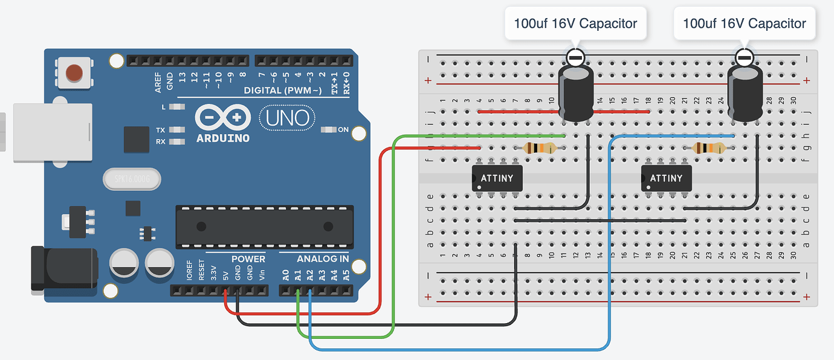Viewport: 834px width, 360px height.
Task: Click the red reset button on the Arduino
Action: point(74,72)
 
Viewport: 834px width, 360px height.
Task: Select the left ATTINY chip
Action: point(496,178)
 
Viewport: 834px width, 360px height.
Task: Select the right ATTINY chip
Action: point(666,178)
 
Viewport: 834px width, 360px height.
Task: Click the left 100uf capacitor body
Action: point(575,94)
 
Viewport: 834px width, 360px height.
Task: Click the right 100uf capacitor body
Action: point(745,94)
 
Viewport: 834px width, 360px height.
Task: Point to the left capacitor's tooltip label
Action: point(575,24)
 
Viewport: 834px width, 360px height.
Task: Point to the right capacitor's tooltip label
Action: point(744,24)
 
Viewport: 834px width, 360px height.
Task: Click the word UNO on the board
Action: point(288,118)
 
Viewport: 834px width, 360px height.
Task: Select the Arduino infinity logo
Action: point(222,117)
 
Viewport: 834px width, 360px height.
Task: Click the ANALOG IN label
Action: point(322,259)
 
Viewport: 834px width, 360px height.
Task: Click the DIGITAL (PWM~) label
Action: point(283,91)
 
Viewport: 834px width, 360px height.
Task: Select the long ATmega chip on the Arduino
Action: point(265,227)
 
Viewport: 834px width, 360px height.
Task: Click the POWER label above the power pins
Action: point(248,259)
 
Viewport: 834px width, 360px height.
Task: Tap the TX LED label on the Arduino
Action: point(160,130)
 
